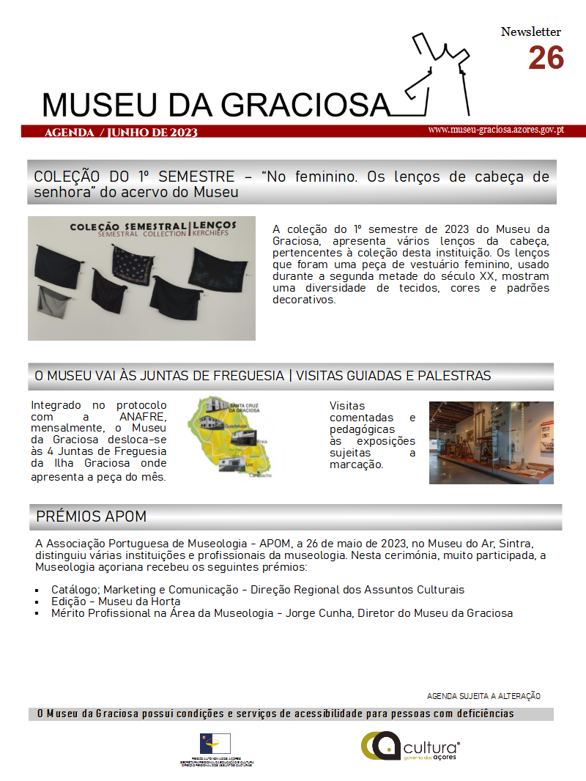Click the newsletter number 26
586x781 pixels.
[x=546, y=58]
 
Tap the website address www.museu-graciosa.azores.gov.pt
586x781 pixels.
[x=496, y=130]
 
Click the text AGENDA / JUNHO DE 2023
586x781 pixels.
[x=121, y=133]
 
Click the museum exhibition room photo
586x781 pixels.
[x=491, y=443]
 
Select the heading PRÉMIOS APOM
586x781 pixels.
[x=92, y=517]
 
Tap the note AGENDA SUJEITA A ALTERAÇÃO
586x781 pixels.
[x=483, y=696]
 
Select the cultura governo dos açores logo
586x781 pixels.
[x=410, y=747]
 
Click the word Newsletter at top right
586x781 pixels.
[x=531, y=32]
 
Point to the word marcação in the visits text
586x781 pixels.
[x=357, y=464]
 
